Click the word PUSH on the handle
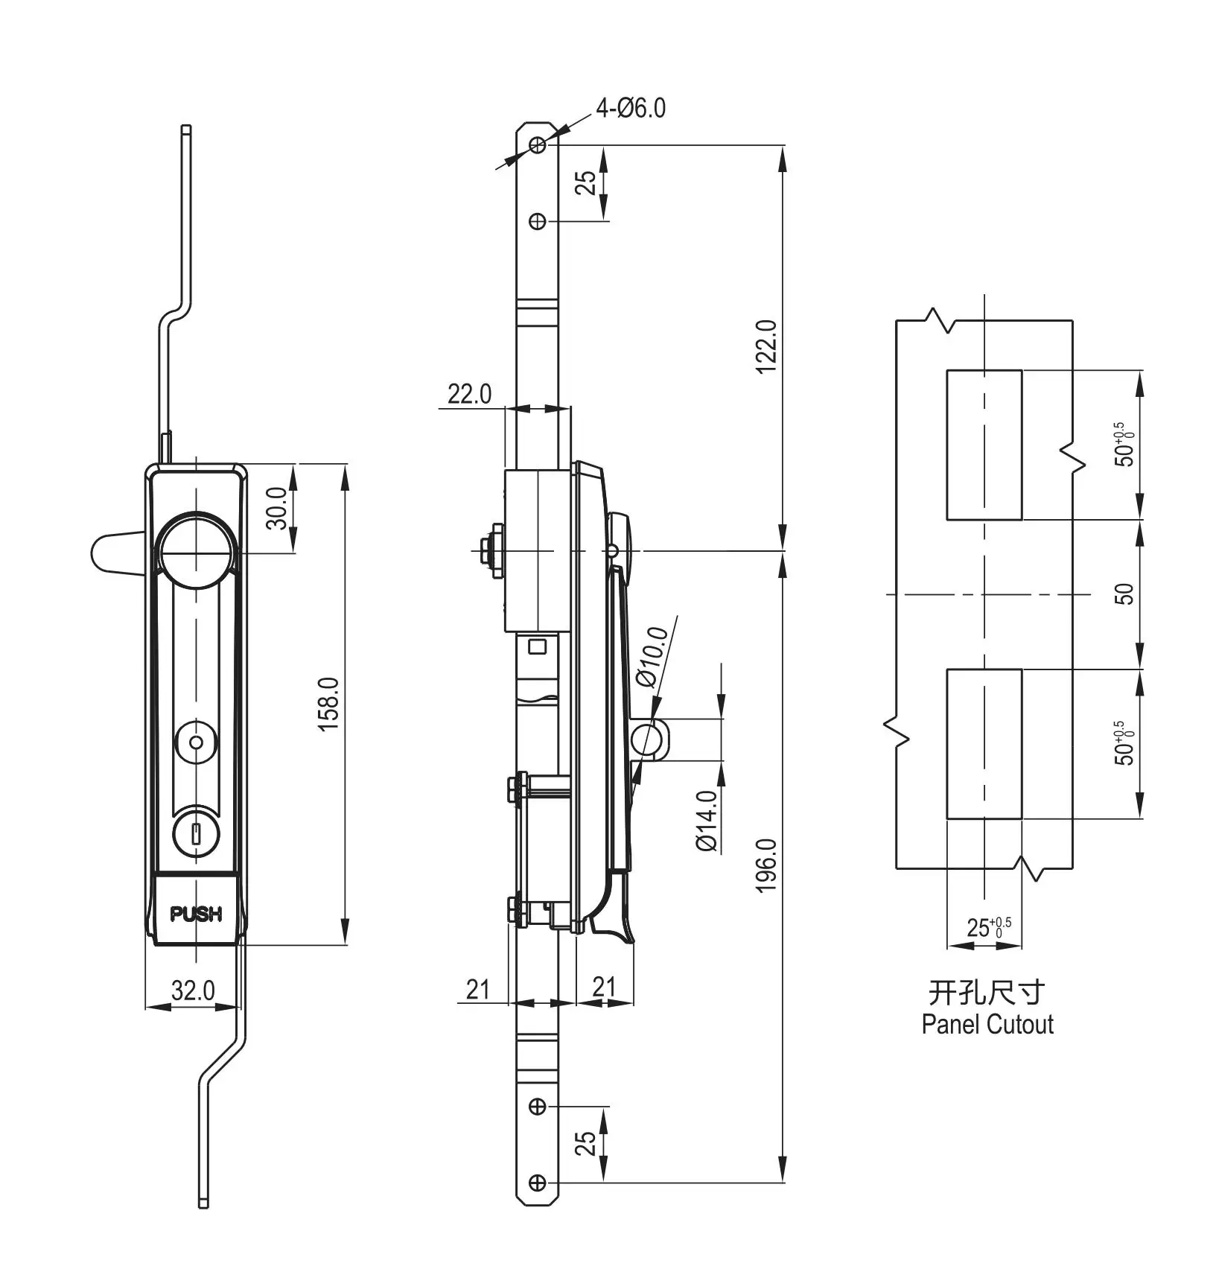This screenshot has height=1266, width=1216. coord(196,914)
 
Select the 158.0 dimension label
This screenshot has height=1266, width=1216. coord(329,704)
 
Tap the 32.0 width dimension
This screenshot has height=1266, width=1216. coord(193,990)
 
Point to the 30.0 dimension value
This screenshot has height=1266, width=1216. coord(276,508)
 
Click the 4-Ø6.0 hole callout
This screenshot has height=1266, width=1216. coord(631,109)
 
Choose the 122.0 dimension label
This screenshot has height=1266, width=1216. coord(765,347)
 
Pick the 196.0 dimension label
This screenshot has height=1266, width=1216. coord(765,865)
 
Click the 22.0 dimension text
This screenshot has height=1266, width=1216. coord(469,394)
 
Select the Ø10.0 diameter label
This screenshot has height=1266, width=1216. coord(652,656)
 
